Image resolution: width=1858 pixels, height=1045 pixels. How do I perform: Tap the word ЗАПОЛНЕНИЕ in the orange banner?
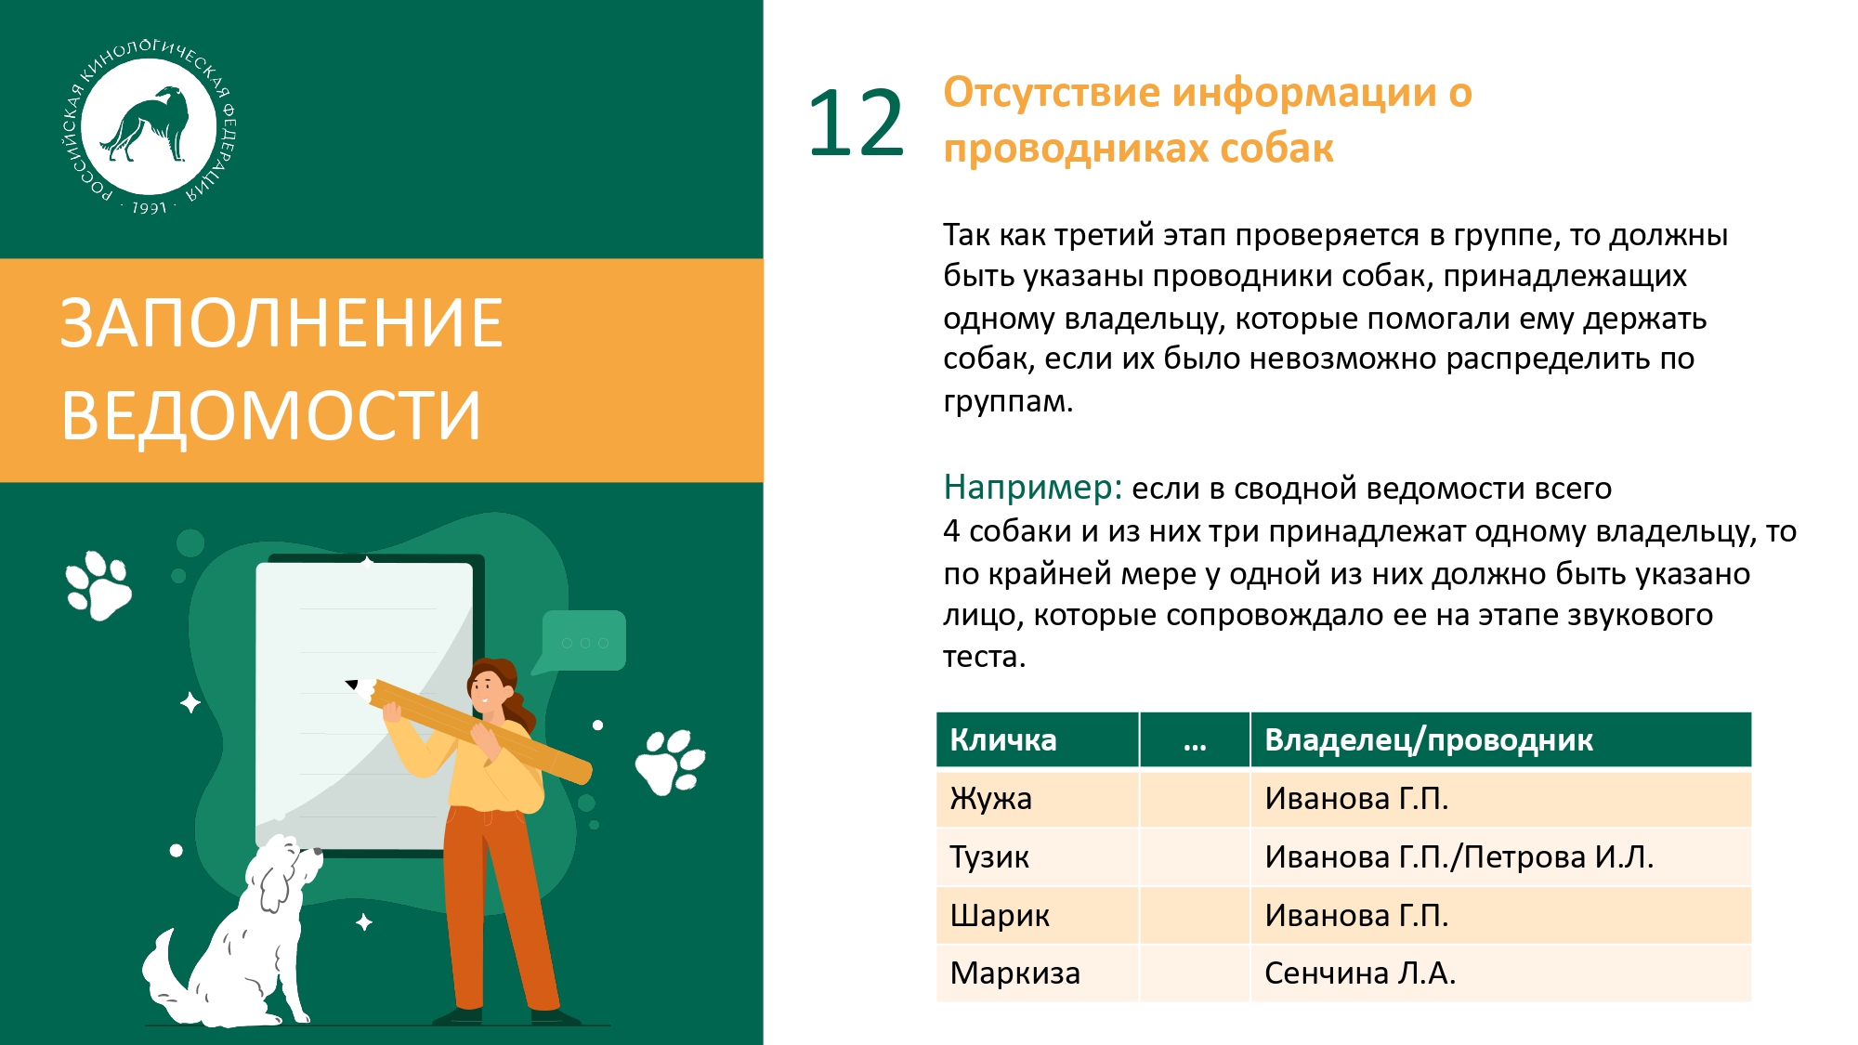tap(281, 323)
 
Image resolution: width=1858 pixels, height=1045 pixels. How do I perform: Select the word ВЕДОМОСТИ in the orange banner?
tap(271, 414)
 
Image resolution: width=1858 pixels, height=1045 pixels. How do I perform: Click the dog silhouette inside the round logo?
tap(146, 123)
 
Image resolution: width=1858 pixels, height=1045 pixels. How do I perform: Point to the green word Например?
tap(1032, 487)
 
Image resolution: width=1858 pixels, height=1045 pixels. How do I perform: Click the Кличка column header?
tap(1038, 739)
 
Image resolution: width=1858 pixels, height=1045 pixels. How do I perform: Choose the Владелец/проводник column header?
tap(1500, 739)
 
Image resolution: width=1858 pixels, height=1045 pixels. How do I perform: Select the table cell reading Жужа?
tap(1038, 798)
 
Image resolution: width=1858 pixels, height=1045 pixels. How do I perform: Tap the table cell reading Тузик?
tap(1038, 856)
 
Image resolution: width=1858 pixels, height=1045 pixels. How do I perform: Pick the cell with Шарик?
tap(1038, 915)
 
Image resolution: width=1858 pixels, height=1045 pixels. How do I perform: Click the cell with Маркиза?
tap(1038, 973)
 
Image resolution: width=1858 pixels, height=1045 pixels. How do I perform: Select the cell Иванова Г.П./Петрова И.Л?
tap(1500, 856)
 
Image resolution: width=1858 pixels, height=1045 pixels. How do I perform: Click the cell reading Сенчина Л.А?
tap(1500, 973)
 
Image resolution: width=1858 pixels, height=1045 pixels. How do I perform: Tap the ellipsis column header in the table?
tap(1195, 739)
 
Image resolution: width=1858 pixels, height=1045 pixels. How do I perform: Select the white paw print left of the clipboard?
tap(98, 585)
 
